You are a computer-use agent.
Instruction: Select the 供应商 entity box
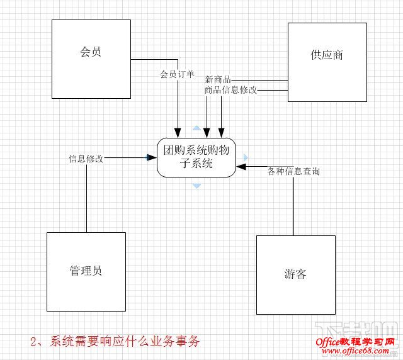click(x=327, y=62)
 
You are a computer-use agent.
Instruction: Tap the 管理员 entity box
click(x=86, y=271)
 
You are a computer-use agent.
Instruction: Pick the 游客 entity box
click(x=295, y=274)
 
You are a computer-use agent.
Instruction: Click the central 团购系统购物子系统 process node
click(x=196, y=157)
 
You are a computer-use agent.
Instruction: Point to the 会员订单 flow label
click(x=177, y=74)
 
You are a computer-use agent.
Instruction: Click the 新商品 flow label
click(x=218, y=80)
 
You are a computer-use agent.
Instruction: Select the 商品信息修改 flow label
click(x=230, y=90)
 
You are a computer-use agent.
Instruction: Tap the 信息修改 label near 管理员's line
click(x=86, y=158)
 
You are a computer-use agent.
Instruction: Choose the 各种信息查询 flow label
click(x=293, y=171)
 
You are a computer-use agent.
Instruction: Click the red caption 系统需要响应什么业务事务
click(x=114, y=342)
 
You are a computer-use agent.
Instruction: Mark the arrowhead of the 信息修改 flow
click(x=152, y=157)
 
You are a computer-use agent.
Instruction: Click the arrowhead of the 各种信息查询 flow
click(x=241, y=167)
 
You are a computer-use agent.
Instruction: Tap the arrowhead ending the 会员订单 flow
click(x=178, y=133)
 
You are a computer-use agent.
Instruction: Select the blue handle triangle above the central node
click(x=196, y=129)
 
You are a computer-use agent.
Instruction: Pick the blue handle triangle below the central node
click(x=196, y=186)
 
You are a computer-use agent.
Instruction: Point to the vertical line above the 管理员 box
click(x=86, y=195)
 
